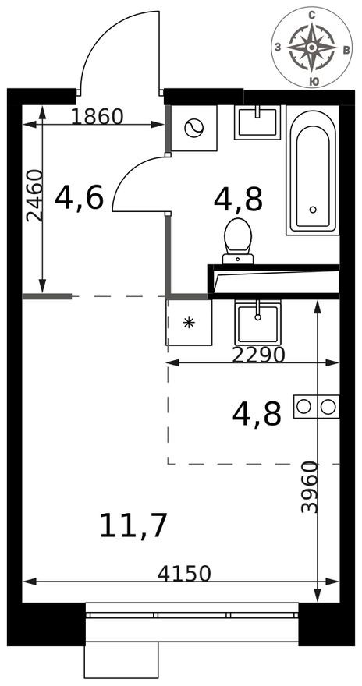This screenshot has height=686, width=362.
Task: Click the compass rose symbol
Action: click(311, 47)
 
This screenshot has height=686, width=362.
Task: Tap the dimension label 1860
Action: click(98, 117)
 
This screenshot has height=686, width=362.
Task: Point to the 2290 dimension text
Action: click(260, 355)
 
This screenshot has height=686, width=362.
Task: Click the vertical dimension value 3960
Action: click(311, 487)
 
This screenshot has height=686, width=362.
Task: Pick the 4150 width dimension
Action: click(184, 574)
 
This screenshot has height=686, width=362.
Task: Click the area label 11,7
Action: click(133, 526)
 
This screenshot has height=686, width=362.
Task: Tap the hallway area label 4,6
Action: click(79, 199)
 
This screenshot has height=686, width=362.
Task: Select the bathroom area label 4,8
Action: click(238, 200)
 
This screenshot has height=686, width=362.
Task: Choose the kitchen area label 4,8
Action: click(257, 414)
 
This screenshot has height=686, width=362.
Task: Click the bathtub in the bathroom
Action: click(313, 170)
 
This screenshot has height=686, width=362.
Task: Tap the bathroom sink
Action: click(257, 122)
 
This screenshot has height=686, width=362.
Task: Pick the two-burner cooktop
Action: click(317, 406)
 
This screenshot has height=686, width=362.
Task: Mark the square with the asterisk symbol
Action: click(189, 322)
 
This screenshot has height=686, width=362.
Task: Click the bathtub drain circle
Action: click(313, 209)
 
